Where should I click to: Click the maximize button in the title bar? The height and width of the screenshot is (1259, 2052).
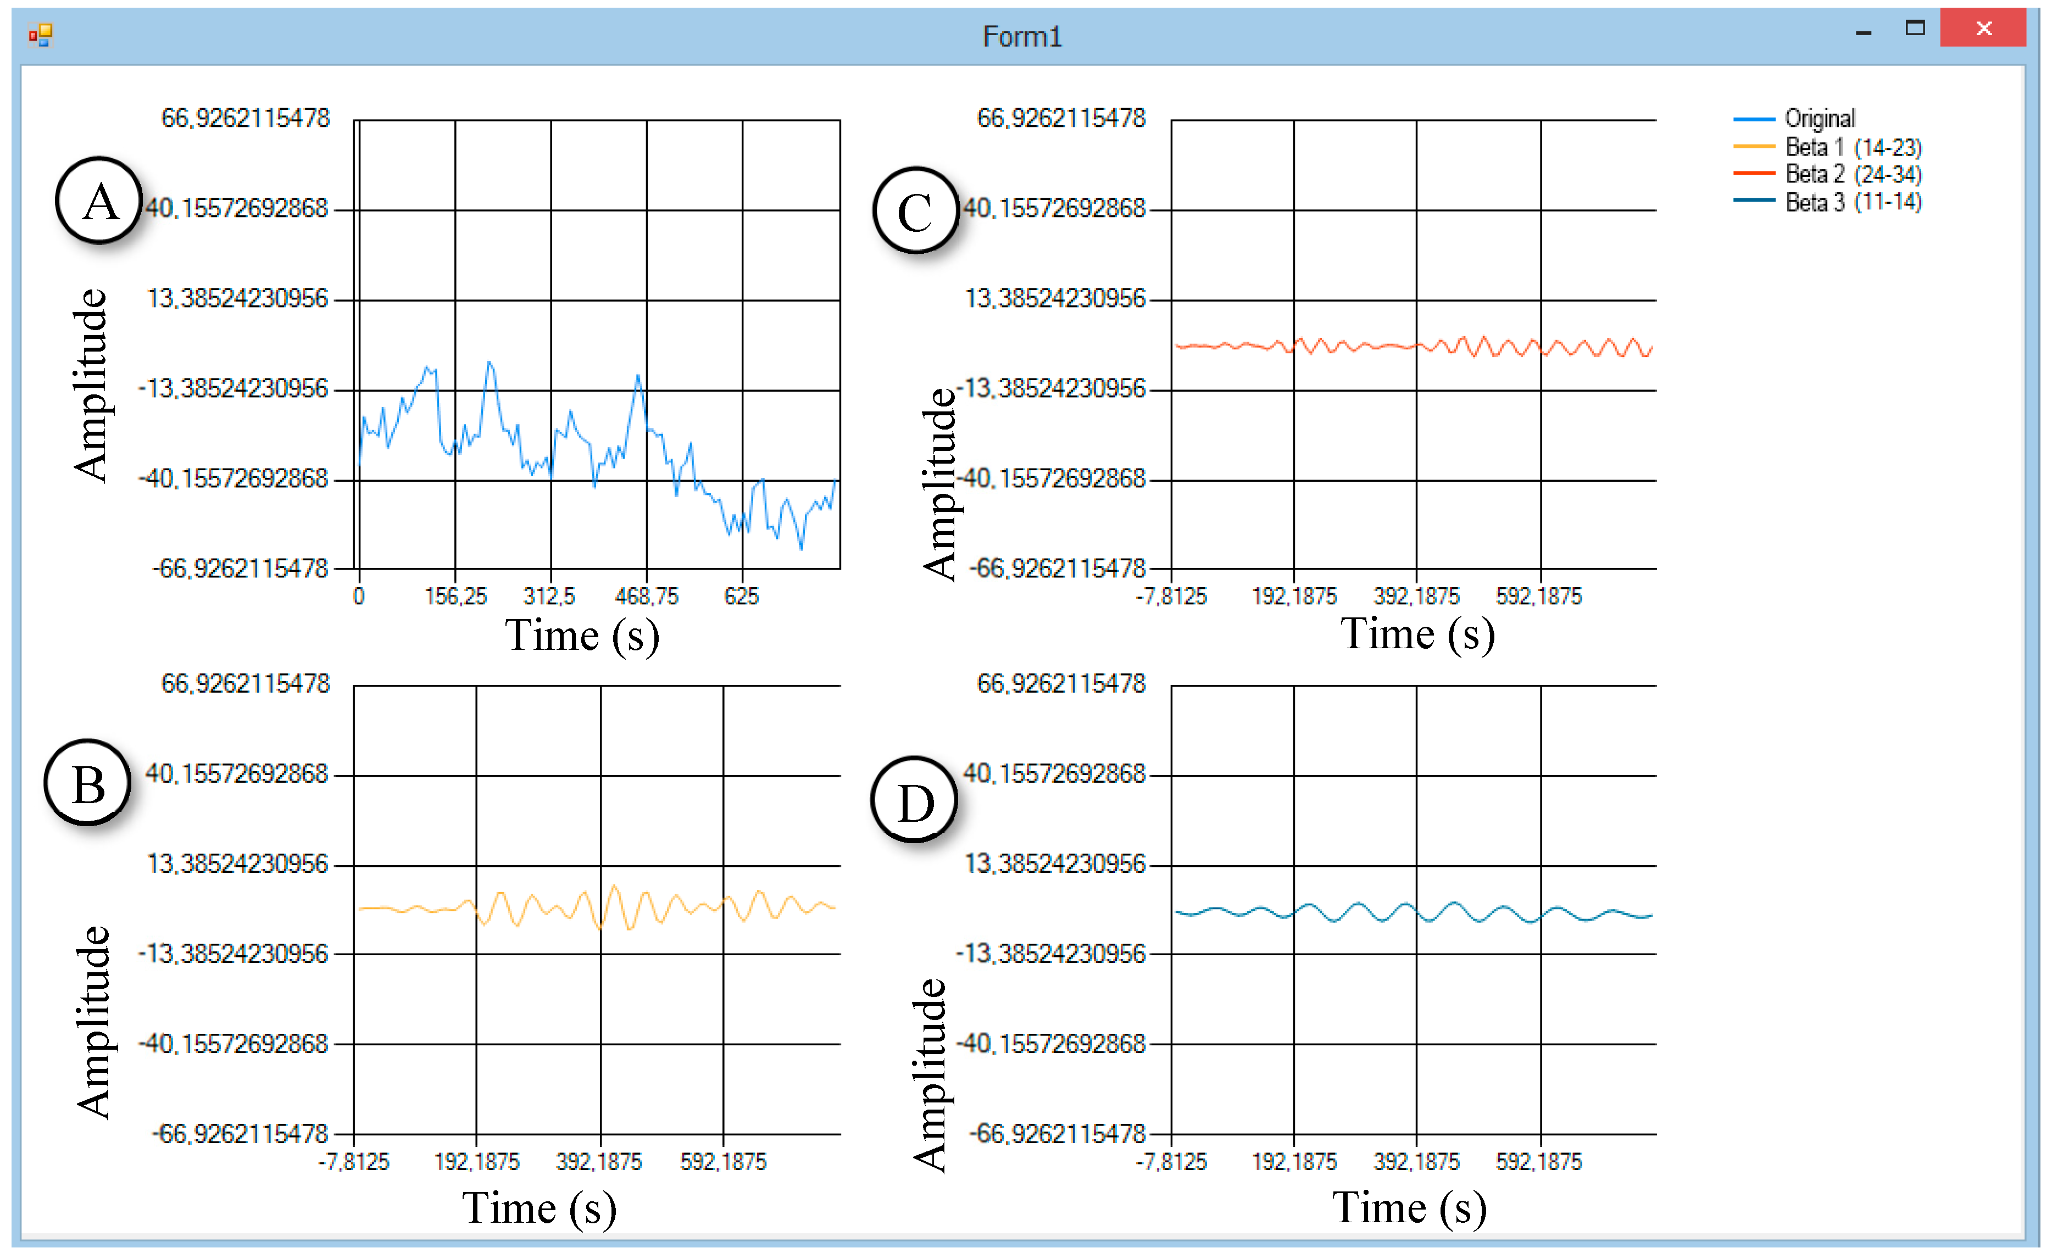(1915, 29)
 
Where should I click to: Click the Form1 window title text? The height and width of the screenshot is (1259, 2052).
(1022, 37)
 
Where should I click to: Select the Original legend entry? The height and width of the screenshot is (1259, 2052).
(1820, 119)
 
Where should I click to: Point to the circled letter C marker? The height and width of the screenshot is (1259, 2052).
(915, 211)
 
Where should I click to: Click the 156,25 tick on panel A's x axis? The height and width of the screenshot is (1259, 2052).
(455, 596)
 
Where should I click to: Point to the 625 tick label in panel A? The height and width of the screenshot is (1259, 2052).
(741, 596)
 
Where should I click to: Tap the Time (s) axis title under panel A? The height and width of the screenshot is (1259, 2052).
(582, 636)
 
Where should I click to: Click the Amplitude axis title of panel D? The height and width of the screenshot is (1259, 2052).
(930, 1074)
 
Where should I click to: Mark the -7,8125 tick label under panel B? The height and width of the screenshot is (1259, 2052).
(354, 1162)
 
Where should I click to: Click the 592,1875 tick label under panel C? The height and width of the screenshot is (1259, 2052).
(1539, 596)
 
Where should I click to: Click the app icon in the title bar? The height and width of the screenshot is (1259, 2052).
(41, 35)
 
